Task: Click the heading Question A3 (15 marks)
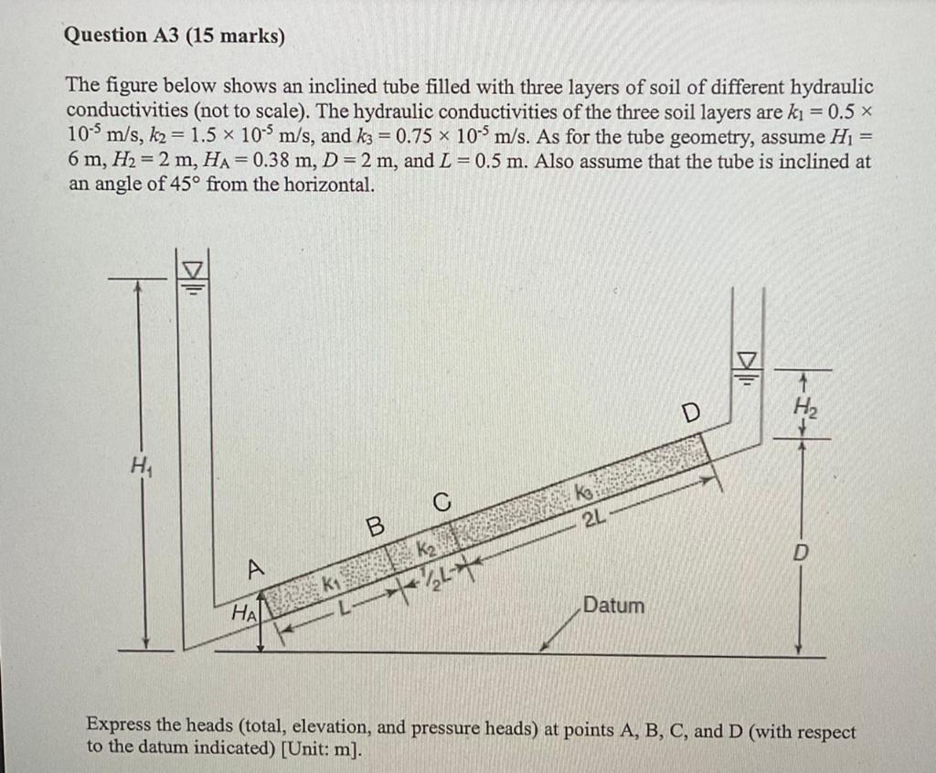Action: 175,36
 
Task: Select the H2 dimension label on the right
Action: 803,405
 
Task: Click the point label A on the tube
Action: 257,567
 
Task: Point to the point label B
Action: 373,527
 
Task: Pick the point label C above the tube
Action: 441,501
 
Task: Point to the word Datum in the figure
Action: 613,606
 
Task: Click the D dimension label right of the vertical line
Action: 800,555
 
